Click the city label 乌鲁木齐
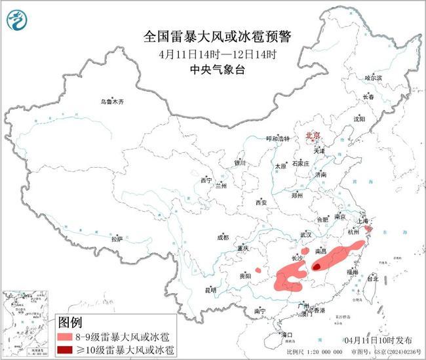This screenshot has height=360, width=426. click(111, 102)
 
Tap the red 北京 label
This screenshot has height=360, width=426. click(312, 136)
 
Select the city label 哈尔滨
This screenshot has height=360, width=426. click(372, 77)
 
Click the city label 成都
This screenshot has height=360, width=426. click(223, 237)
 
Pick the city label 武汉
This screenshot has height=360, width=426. click(307, 234)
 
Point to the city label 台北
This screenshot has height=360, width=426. click(371, 279)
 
